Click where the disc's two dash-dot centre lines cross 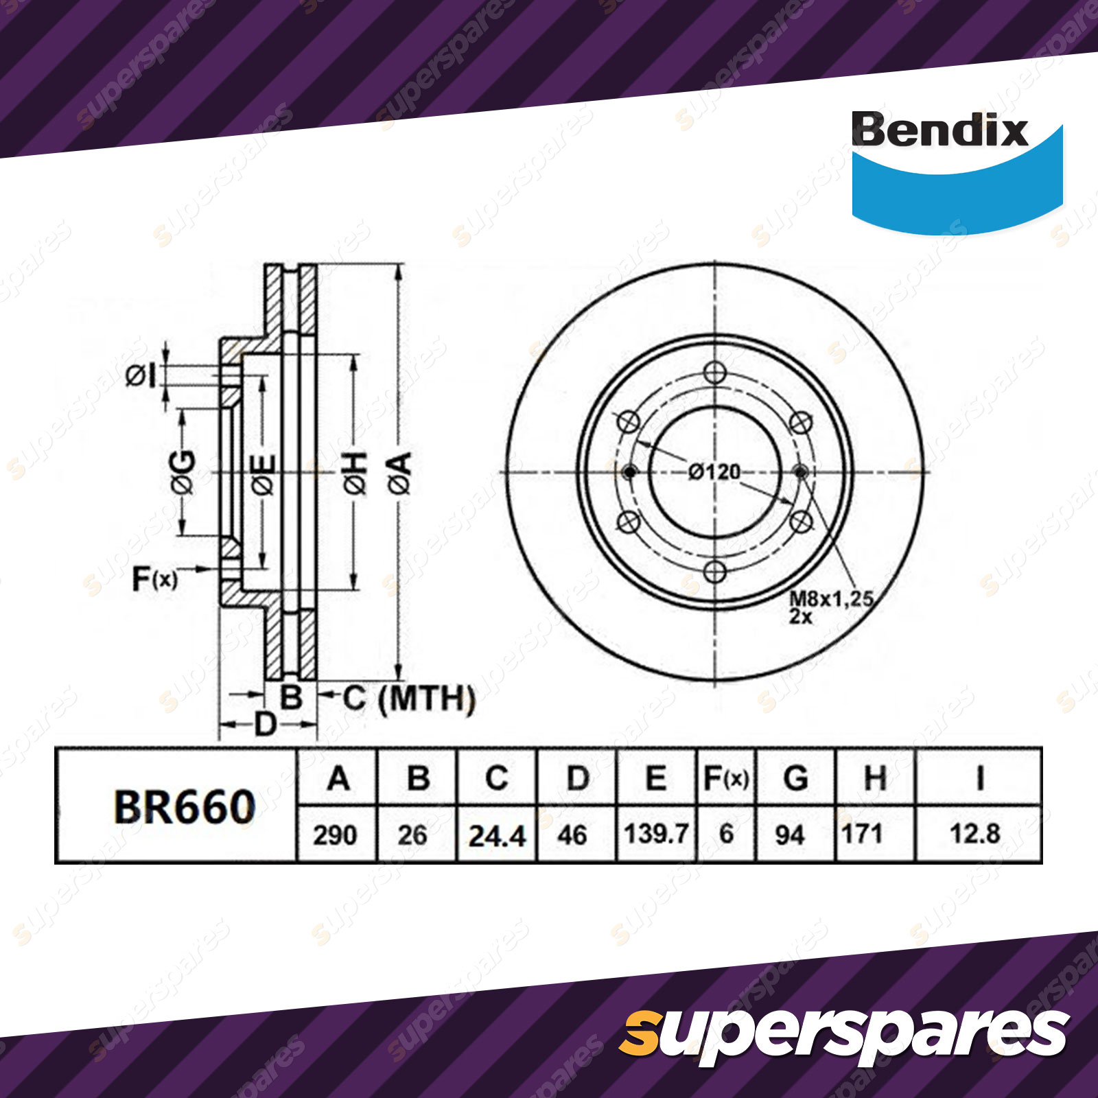pos(715,472)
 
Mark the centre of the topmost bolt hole pos(715,374)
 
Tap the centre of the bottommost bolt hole pos(715,571)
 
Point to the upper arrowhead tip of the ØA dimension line pos(399,264)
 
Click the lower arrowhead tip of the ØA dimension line pos(399,680)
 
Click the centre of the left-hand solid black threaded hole pos(630,472)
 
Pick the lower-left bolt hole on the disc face pos(629,522)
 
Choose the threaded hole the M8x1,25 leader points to pos(800,472)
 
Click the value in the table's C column pos(497,835)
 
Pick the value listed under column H pos(862,834)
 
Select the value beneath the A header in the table pos(336,835)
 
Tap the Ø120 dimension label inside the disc pos(714,472)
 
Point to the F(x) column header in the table pos(726,779)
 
